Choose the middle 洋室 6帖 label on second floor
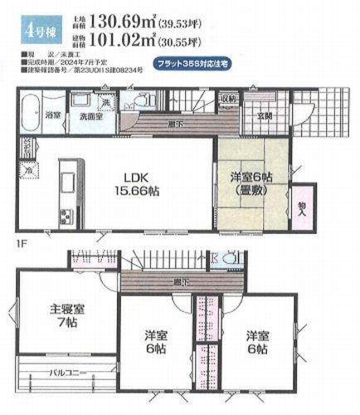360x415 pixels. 155,342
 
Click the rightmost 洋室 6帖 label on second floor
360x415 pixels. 256,342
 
